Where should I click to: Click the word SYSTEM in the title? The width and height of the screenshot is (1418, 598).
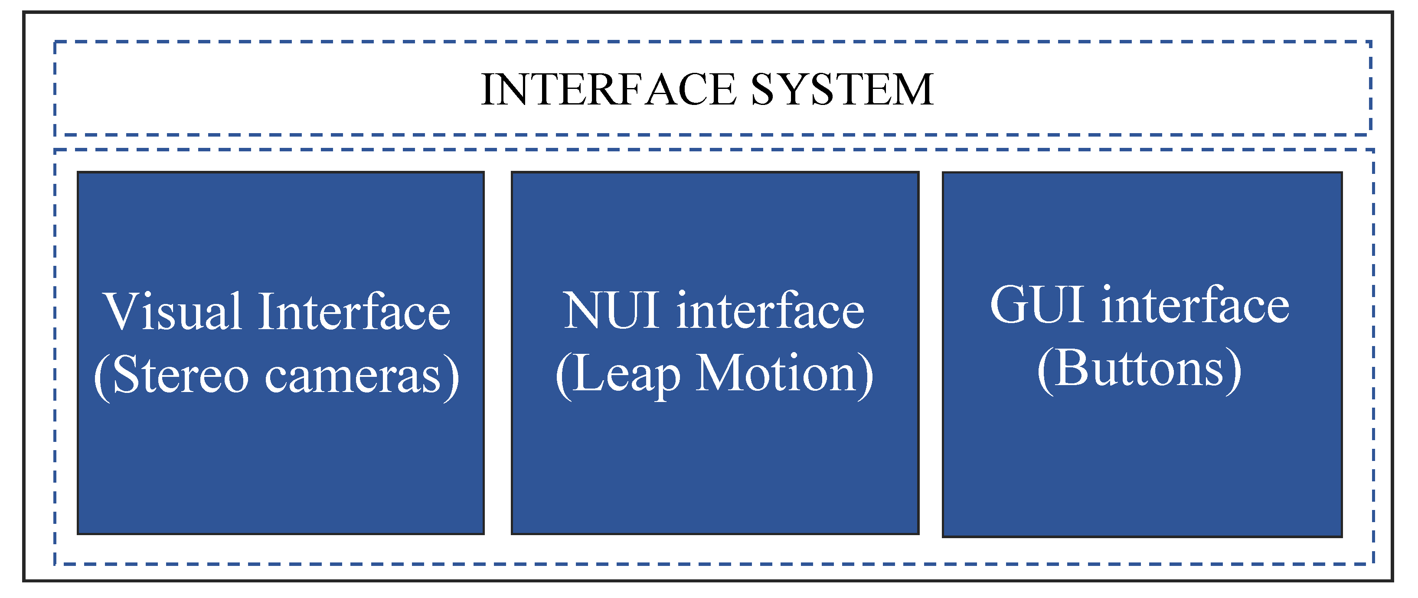click(x=842, y=89)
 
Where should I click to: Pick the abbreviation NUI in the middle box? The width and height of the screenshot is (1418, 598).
click(x=611, y=311)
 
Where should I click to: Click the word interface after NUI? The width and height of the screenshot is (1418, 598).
click(x=771, y=311)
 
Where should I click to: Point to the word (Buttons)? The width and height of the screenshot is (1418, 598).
click(x=1140, y=369)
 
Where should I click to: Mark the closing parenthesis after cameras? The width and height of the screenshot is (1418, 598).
click(x=452, y=377)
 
